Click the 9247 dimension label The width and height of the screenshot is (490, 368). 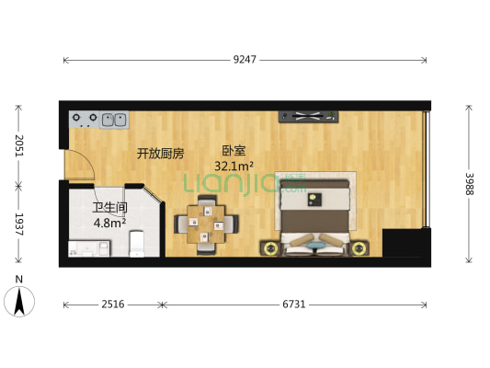[245, 60]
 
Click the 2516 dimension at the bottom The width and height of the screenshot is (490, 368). [112, 304]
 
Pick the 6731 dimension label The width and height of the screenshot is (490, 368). [294, 304]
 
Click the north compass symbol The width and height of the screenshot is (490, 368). [20, 298]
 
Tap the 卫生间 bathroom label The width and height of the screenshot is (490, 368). [108, 208]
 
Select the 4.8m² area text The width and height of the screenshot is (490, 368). [108, 222]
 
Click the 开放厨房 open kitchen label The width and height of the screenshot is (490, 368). [161, 153]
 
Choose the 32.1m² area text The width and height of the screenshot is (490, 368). [234, 167]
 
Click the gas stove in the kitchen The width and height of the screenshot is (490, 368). [85, 119]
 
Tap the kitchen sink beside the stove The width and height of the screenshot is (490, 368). [115, 119]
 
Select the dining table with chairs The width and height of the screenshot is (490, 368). [206, 224]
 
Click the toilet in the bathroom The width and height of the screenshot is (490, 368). [137, 243]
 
